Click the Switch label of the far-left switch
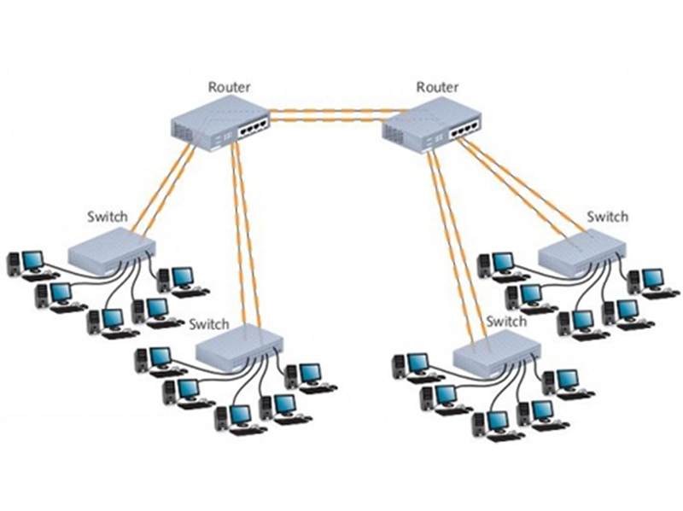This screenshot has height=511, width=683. coord(108,217)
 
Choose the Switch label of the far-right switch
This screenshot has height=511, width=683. coord(607,217)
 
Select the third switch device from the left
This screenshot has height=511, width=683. coord(496,351)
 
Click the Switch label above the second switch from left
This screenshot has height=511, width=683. coord(209,324)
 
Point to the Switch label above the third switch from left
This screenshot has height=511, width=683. coord(505,322)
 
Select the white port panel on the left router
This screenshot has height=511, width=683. coord(254,125)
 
